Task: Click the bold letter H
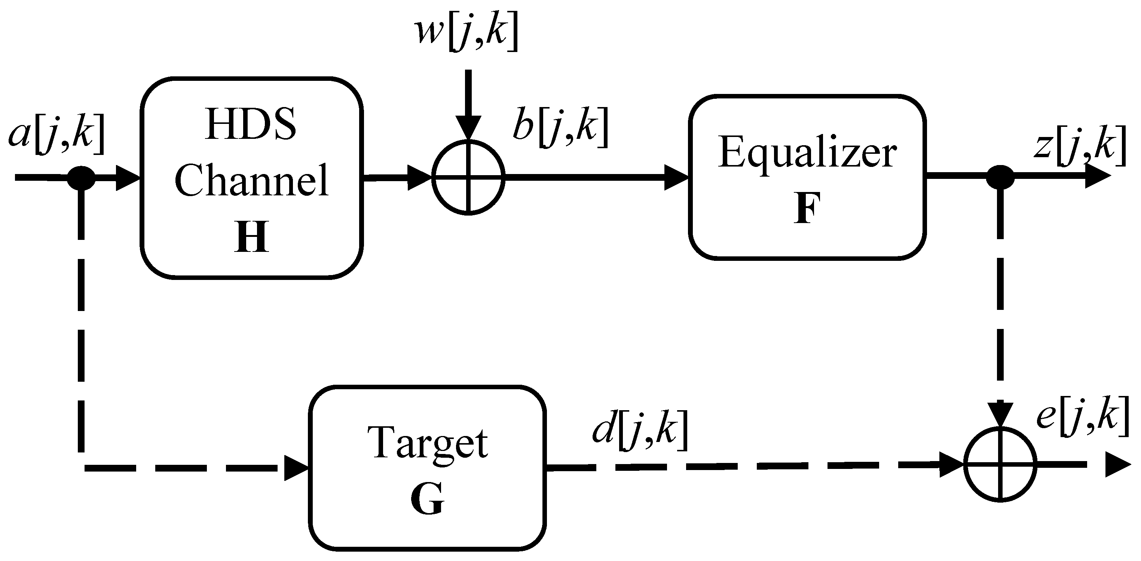point(251,237)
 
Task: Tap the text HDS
point(251,124)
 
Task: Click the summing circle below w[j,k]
point(468,178)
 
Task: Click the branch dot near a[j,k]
point(81,178)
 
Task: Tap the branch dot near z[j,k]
point(1000,177)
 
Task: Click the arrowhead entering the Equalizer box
point(676,178)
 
